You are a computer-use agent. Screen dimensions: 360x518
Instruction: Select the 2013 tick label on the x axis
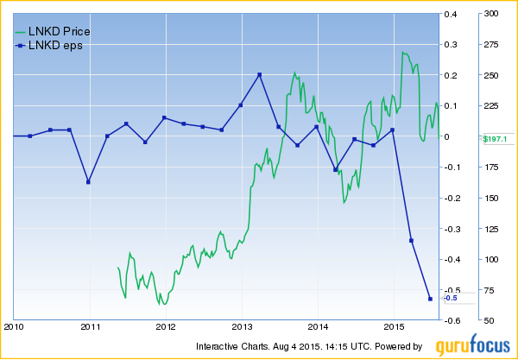(x=242, y=327)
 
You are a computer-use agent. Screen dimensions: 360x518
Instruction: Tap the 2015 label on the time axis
(x=394, y=327)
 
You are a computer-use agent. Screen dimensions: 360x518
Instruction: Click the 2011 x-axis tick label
(x=91, y=327)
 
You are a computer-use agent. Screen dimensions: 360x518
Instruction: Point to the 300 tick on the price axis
(x=489, y=14)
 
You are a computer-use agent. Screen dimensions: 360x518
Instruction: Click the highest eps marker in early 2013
(x=259, y=74)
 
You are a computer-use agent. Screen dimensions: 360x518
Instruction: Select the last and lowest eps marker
(x=430, y=299)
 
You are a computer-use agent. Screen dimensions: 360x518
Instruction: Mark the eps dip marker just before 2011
(x=88, y=182)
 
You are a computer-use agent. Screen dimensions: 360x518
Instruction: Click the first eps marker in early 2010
(x=29, y=136)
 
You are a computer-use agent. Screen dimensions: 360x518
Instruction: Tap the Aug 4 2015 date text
(x=309, y=346)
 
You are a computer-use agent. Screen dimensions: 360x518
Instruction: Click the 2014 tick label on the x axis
(x=318, y=327)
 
